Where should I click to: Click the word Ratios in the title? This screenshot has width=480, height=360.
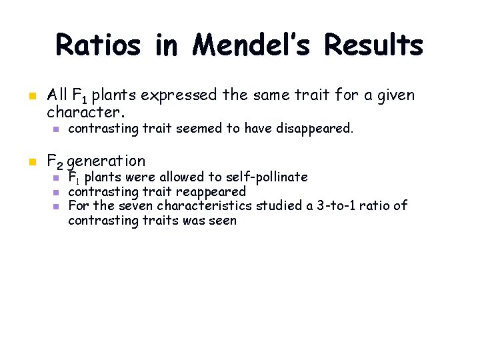[x=98, y=45]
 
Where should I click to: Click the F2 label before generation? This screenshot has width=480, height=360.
[x=55, y=161]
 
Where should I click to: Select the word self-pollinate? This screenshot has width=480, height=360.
[x=267, y=177]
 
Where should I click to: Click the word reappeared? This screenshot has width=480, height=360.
[x=211, y=192]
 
